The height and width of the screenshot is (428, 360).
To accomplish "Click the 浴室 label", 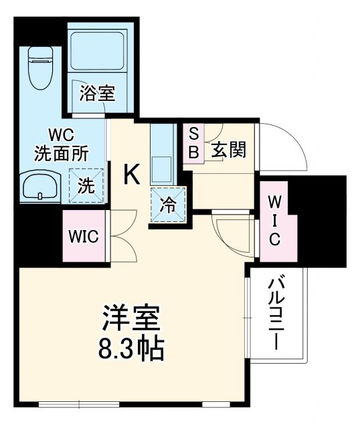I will point(97,94).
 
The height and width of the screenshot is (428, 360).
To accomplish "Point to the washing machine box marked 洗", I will point(86,185).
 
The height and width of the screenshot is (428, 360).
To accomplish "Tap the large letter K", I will point(132,175).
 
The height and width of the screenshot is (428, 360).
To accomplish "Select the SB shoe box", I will point(193,142).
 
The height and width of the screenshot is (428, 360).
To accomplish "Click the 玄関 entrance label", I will point(229,150).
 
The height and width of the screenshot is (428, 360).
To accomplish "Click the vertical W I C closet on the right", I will point(274,221).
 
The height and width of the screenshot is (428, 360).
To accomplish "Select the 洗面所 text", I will point(61,152).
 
